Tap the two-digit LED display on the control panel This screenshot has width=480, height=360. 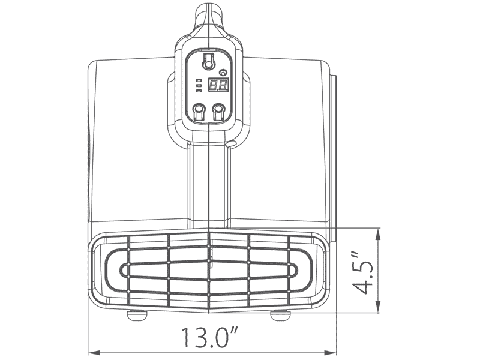(217, 86)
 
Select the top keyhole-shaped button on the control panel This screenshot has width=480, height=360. (208, 61)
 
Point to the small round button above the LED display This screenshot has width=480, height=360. (224, 73)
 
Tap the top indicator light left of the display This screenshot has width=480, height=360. (199, 80)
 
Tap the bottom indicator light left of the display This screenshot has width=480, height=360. (199, 91)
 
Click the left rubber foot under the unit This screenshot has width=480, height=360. (138, 313)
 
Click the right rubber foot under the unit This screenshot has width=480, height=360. (279, 313)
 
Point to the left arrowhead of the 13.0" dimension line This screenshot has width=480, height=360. (92, 352)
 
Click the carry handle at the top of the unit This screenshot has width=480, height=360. (208, 15)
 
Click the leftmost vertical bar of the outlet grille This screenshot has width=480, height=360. (130, 270)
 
